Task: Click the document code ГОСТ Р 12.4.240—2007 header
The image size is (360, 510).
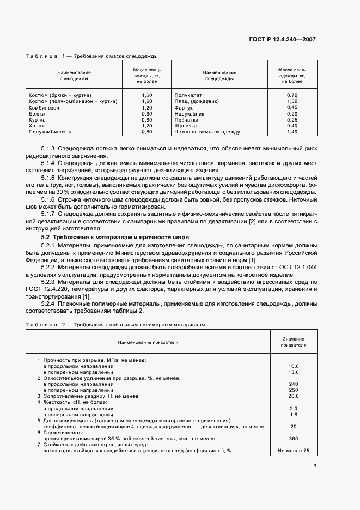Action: pos(283,39)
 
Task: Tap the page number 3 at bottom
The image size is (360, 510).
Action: pos(315,465)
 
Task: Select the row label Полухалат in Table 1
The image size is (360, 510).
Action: pos(188,95)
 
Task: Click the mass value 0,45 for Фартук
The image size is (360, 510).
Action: pos(292,107)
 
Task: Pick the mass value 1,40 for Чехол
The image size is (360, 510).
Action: pos(292,132)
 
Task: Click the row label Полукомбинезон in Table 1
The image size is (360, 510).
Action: pos(50,132)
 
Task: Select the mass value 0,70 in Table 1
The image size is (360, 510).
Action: pos(292,95)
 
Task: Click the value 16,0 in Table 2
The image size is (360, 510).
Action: pos(294,366)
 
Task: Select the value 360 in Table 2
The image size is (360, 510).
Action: pos(294,438)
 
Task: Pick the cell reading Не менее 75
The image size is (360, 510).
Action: pos(294,451)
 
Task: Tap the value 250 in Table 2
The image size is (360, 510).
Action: pos(294,390)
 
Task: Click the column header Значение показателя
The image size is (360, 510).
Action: pos(294,342)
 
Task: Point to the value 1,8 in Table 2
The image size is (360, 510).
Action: pos(294,414)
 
